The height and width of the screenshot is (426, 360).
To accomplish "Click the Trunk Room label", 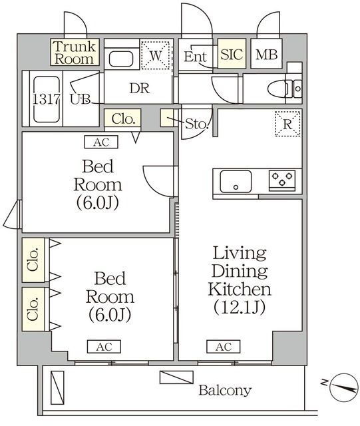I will pyautogui.click(x=75, y=52).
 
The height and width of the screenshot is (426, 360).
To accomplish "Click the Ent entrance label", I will pyautogui.click(x=195, y=57).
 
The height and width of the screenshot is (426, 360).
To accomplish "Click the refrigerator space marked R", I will pyautogui.click(x=288, y=123).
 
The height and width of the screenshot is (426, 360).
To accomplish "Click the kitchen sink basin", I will pyautogui.click(x=236, y=180).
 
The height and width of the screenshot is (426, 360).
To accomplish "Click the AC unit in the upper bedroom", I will pyautogui.click(x=100, y=142).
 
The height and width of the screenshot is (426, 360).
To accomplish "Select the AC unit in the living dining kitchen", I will pyautogui.click(x=223, y=347).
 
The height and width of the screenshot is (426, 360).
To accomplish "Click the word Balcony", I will pyautogui.click(x=224, y=390).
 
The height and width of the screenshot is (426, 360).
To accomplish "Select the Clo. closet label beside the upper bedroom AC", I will pyautogui.click(x=123, y=120).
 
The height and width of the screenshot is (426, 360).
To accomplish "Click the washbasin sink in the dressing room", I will pyautogui.click(x=121, y=59).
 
